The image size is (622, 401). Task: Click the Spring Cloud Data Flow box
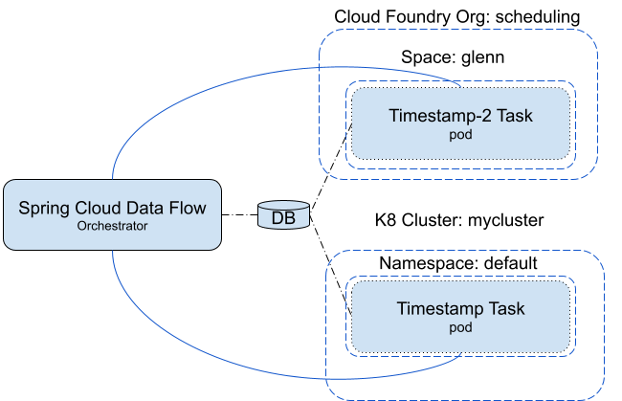[x=113, y=214]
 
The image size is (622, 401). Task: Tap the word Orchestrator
[x=113, y=228]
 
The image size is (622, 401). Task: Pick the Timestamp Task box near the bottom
[x=461, y=316]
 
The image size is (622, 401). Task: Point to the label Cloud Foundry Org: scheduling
[x=457, y=17]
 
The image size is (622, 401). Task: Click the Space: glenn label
[x=452, y=59]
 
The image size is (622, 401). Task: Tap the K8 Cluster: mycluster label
[x=459, y=221]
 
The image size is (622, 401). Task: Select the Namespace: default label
[x=459, y=261]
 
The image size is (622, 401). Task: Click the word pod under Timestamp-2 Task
[x=460, y=136]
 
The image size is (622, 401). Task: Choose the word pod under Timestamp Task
[x=461, y=327]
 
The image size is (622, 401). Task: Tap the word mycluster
[x=507, y=221]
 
